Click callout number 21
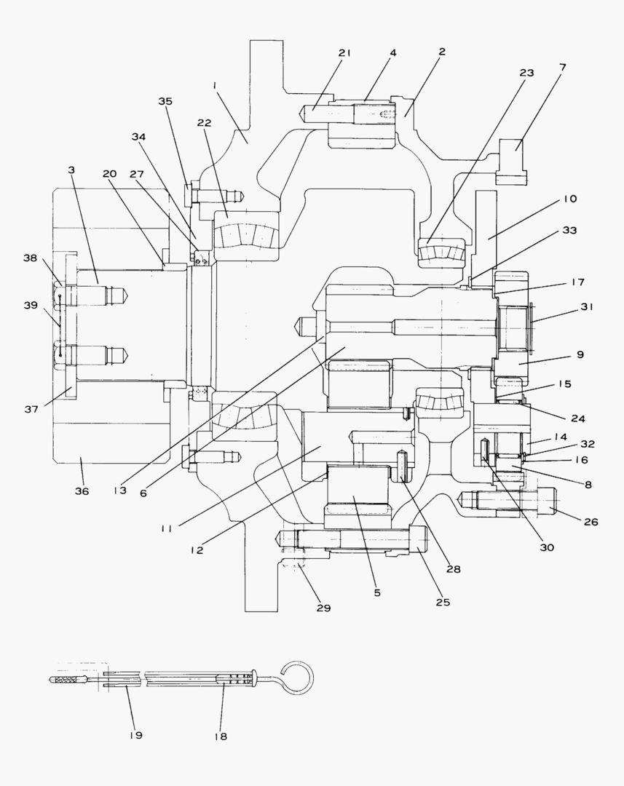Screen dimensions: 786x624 click(x=344, y=52)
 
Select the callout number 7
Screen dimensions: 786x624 click(x=563, y=67)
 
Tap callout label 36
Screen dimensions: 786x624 click(x=82, y=491)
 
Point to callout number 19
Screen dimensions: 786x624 click(x=135, y=734)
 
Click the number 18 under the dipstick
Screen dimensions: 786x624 click(x=221, y=737)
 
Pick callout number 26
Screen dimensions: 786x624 click(x=590, y=521)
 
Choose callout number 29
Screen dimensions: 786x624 click(x=324, y=607)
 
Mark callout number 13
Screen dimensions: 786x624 click(x=120, y=491)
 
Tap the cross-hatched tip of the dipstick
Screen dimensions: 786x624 click(x=68, y=680)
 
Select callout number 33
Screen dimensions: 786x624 click(x=569, y=231)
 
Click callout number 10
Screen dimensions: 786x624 click(x=569, y=199)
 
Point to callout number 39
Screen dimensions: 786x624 click(x=30, y=305)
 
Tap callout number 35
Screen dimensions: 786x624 click(x=165, y=101)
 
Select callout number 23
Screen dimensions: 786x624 click(x=526, y=73)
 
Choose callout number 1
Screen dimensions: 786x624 click(x=215, y=85)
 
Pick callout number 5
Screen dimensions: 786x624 click(x=377, y=592)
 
